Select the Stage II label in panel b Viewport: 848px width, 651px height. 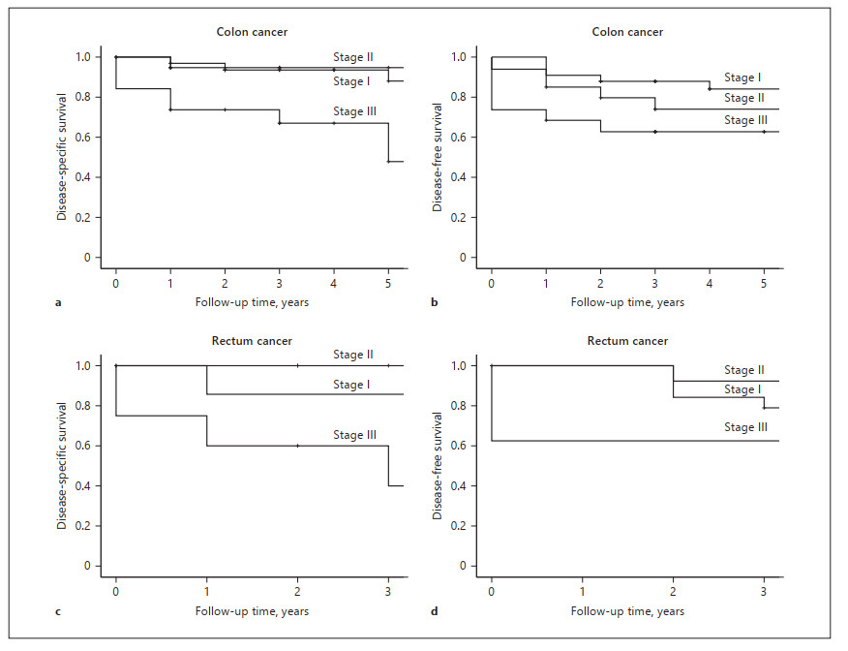coord(744,98)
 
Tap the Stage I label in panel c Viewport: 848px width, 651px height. coord(353,385)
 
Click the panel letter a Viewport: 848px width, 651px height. coord(59,303)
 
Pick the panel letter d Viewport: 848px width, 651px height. coord(436,611)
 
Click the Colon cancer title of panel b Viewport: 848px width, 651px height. coord(627,32)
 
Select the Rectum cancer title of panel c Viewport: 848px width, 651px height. coord(252,341)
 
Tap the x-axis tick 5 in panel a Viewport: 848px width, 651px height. coord(388,284)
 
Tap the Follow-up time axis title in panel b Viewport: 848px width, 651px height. coord(627,302)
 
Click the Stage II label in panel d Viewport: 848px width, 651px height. coord(744,370)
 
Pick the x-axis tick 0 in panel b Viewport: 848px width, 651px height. coord(492,284)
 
